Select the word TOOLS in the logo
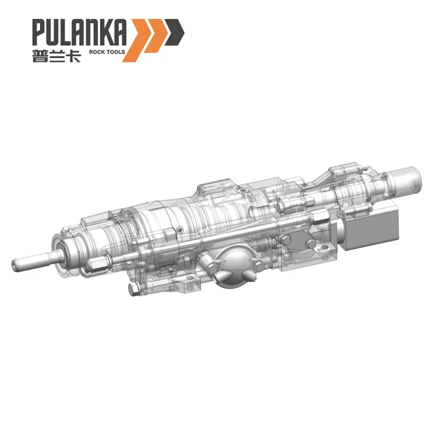point(115,52)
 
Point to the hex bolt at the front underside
point(132,287)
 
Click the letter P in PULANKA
point(39,33)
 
